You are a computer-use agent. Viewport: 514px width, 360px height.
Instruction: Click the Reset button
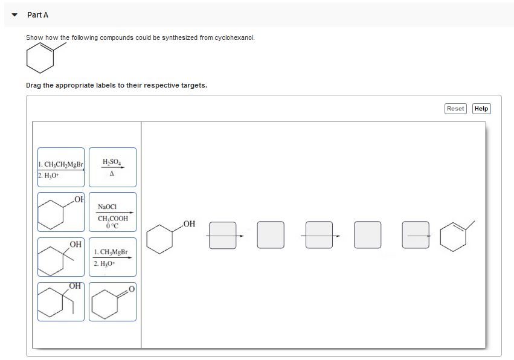[455, 109]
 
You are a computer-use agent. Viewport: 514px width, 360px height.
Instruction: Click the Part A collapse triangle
[14, 15]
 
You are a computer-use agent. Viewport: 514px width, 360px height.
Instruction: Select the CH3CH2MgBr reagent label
[61, 167]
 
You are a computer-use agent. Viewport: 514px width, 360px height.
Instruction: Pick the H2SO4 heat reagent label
[112, 167]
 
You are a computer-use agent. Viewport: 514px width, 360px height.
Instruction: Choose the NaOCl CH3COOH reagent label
[112, 212]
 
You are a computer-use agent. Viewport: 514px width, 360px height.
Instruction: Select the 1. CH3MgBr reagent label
[112, 257]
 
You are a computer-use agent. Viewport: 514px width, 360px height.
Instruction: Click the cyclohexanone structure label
[112, 301]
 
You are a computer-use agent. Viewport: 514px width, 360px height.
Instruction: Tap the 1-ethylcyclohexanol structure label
[61, 301]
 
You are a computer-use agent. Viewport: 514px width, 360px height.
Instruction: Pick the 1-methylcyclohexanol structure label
[61, 257]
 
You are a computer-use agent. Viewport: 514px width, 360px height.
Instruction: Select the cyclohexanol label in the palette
[61, 212]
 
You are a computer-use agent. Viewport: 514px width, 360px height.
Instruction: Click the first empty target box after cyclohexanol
[223, 235]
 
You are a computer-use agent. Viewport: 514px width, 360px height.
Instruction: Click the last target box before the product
[416, 235]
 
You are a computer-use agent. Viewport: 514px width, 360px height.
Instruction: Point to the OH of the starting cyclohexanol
[189, 224]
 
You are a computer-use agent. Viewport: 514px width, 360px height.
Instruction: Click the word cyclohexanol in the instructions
[234, 37]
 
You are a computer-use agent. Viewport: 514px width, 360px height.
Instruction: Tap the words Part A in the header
[37, 15]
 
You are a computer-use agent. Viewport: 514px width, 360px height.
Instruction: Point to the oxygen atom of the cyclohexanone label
[132, 289]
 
